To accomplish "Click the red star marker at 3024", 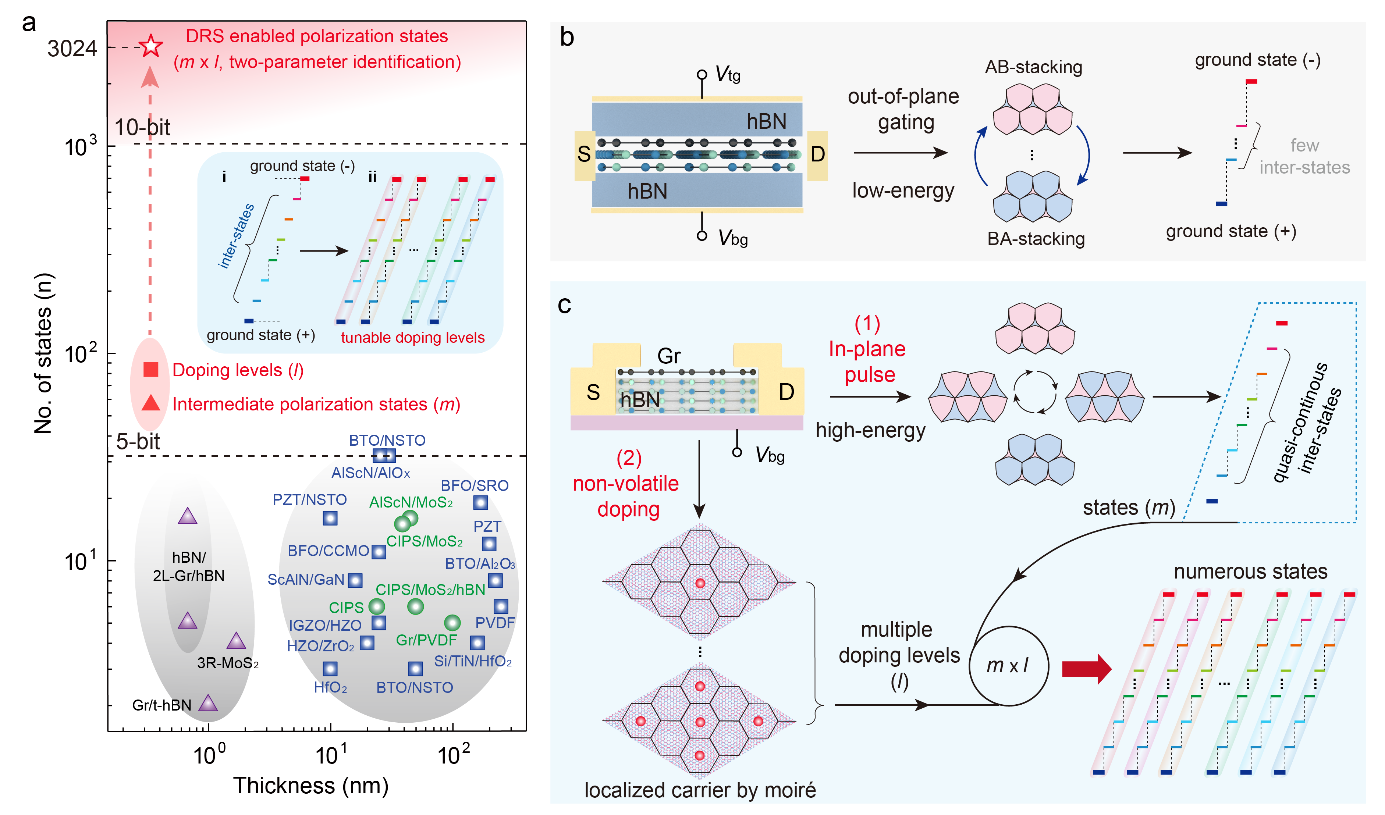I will click(x=150, y=46).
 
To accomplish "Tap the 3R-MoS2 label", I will click(x=228, y=663).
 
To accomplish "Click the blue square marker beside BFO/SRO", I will click(x=480, y=502).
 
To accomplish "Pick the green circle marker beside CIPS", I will click(x=376, y=607).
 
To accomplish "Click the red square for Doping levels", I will click(x=150, y=369).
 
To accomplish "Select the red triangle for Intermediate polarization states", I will click(x=150, y=403).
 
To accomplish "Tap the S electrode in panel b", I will click(x=584, y=154).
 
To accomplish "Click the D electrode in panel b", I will click(x=817, y=154).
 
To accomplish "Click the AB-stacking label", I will click(x=1033, y=67).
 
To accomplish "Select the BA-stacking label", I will click(x=1036, y=239).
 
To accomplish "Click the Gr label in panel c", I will click(x=668, y=356).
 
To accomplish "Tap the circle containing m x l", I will click(x=1008, y=666).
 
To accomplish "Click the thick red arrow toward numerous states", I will click(x=1086, y=669).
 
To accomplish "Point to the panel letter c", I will click(x=564, y=305).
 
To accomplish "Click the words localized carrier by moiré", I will click(x=700, y=790).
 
